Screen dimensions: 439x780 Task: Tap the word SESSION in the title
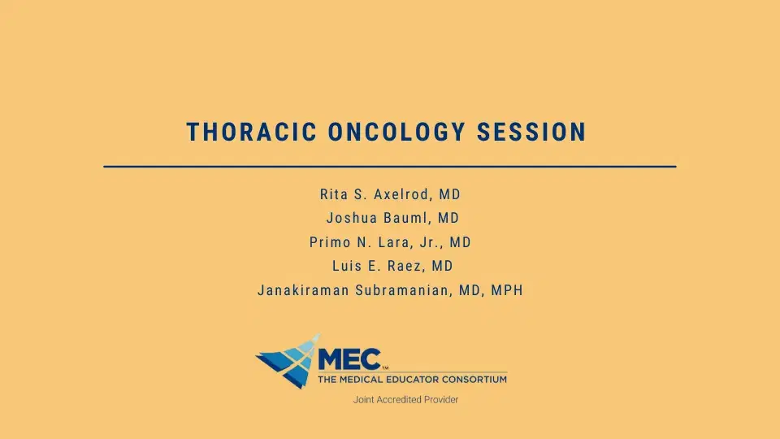(x=531, y=133)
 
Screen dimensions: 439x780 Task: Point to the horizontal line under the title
(x=390, y=166)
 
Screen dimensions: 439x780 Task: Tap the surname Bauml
(x=409, y=219)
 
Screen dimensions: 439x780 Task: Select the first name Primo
(x=330, y=242)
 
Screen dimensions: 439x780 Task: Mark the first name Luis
(x=346, y=266)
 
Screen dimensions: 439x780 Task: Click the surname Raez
(x=401, y=266)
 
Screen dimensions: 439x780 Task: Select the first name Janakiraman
(x=303, y=290)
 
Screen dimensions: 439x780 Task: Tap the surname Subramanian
(x=403, y=290)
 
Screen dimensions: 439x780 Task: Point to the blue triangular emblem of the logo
(x=285, y=360)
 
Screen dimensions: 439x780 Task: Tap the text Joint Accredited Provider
(x=405, y=400)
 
